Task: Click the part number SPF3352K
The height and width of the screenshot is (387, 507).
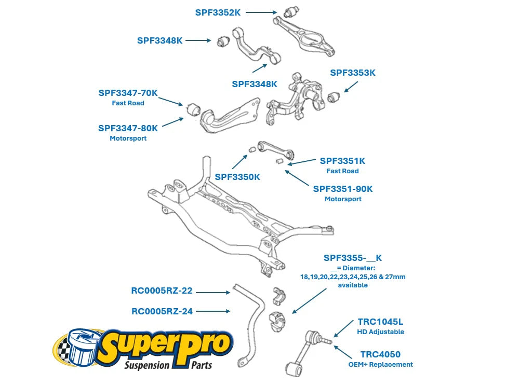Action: (x=218, y=12)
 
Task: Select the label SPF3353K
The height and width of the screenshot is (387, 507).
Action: (x=353, y=73)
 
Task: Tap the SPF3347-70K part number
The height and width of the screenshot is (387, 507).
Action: (x=128, y=93)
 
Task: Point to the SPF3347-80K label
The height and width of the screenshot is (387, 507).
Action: (x=128, y=128)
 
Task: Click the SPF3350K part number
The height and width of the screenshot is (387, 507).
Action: (x=237, y=177)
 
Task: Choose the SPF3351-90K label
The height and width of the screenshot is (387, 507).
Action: (x=343, y=189)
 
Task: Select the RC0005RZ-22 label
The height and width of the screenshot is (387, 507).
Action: (x=162, y=292)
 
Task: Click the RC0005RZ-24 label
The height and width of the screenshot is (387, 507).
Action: (x=162, y=312)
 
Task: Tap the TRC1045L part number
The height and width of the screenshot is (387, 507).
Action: (x=380, y=322)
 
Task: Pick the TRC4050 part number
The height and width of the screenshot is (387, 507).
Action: (x=380, y=355)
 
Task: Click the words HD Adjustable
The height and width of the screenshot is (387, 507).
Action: (x=380, y=332)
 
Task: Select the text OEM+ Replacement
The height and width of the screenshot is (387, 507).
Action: (x=380, y=365)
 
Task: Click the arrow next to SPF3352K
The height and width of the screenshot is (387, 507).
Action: (x=261, y=12)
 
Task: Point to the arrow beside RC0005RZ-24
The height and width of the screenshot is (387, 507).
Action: (x=213, y=311)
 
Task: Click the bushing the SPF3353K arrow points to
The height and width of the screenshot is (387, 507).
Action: (x=333, y=96)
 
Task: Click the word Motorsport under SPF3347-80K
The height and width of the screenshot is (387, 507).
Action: (x=128, y=139)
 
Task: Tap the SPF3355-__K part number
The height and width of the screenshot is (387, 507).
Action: (x=353, y=258)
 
